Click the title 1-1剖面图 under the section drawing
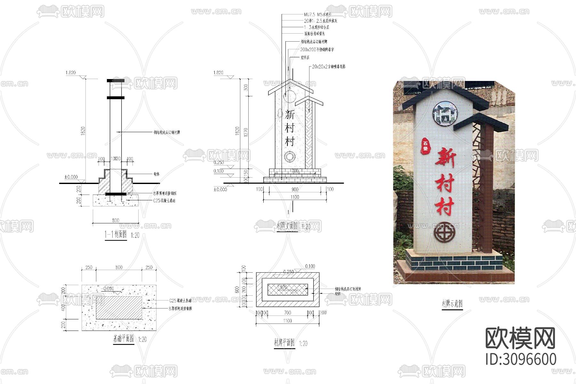(116, 235)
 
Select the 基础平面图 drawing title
(124, 339)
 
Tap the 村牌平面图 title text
(284, 343)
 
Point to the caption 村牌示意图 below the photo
(452, 303)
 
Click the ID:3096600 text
(521, 359)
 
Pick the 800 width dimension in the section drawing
(116, 220)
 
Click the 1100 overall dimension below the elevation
(295, 197)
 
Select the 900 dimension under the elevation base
(295, 189)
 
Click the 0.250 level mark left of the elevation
(219, 163)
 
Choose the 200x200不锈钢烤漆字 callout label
(317, 50)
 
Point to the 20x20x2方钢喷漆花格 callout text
(329, 67)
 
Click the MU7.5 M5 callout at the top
(317, 14)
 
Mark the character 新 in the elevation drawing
(290, 115)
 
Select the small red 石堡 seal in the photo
(426, 146)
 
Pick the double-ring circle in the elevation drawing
(290, 157)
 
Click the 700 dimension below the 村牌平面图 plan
(287, 313)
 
